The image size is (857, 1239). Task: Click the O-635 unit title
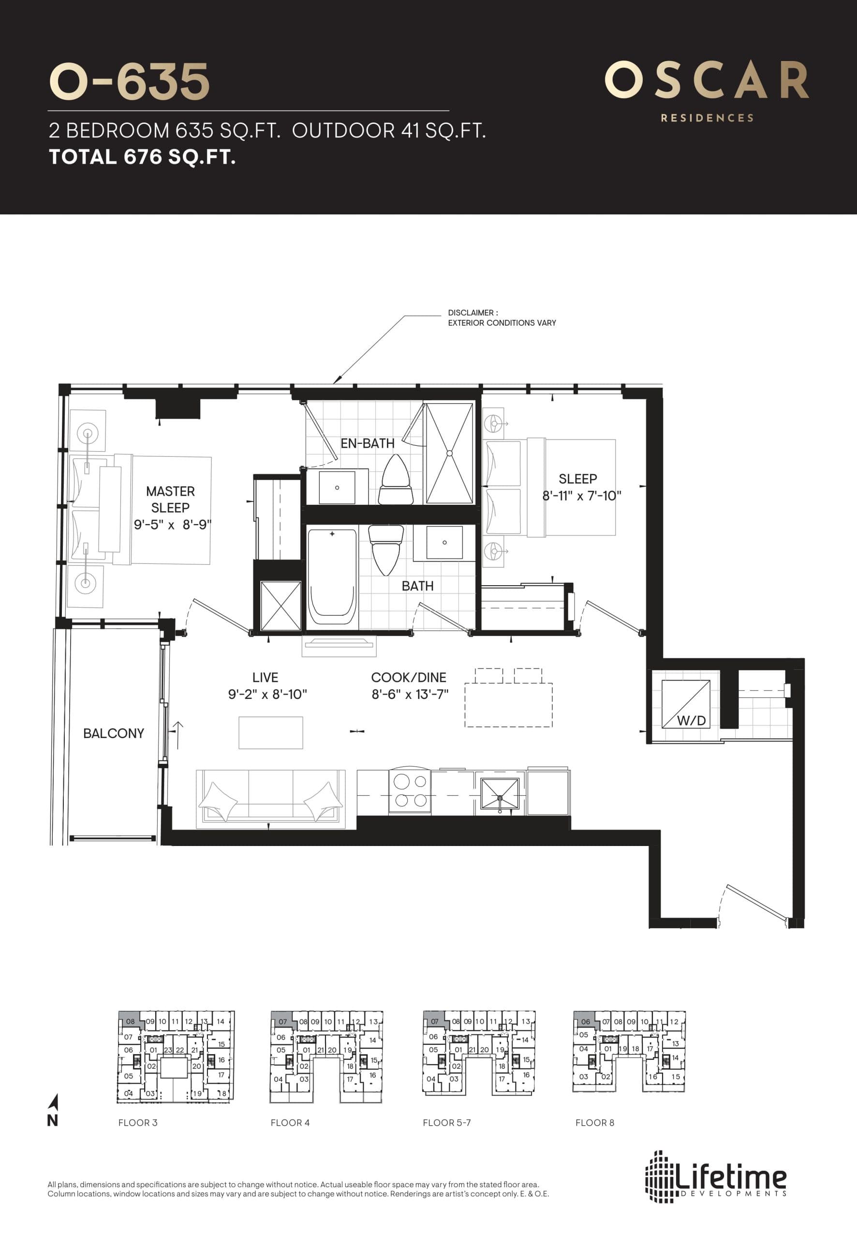click(x=129, y=82)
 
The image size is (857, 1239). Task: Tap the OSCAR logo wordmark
click(x=707, y=81)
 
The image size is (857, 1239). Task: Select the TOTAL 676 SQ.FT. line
click(x=142, y=157)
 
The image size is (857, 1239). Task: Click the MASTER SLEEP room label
click(x=170, y=499)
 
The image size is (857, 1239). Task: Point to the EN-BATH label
click(x=367, y=443)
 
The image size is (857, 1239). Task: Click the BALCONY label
click(x=113, y=733)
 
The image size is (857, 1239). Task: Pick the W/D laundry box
click(x=686, y=704)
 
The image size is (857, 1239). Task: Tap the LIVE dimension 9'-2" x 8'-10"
click(x=267, y=694)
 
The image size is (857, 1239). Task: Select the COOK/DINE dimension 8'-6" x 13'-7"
click(x=410, y=694)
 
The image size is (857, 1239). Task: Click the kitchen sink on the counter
click(x=500, y=796)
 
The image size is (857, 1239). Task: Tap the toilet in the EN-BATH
click(x=395, y=479)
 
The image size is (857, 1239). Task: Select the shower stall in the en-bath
click(x=449, y=453)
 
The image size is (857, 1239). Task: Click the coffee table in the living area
click(x=271, y=732)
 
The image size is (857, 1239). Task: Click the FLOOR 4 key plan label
click(x=290, y=1122)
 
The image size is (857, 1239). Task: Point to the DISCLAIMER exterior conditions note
click(x=502, y=317)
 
